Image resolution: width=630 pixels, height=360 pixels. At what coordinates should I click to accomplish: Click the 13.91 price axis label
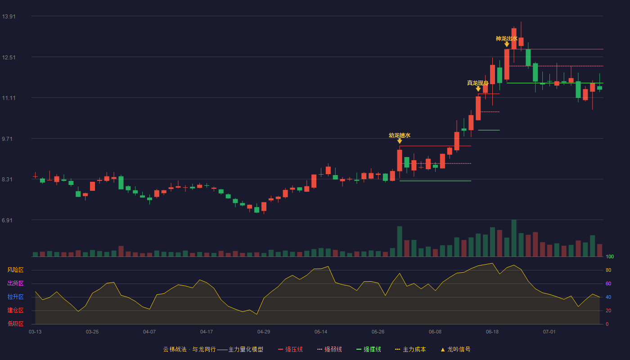(9, 17)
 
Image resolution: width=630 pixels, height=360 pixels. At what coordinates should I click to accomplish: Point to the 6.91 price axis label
(7, 220)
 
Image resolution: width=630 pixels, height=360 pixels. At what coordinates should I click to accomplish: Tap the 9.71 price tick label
(7, 139)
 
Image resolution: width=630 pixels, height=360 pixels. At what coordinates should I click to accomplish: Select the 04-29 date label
(264, 332)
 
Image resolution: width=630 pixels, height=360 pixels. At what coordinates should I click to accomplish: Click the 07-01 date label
(549, 332)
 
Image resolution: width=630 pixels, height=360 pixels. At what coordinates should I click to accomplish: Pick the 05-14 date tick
(320, 332)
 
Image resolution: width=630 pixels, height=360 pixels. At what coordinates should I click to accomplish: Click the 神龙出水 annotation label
(507, 39)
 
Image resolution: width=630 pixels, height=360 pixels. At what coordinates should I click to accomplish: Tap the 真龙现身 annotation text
(478, 83)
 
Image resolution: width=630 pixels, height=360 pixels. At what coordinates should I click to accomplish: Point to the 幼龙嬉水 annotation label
(400, 135)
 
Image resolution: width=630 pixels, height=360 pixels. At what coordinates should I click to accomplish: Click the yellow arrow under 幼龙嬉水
(400, 141)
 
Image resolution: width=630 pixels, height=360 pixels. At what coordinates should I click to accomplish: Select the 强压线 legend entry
(290, 349)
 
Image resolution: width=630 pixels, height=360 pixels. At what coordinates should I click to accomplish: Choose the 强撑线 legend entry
(369, 349)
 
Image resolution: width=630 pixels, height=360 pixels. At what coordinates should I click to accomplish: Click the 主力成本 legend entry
(410, 349)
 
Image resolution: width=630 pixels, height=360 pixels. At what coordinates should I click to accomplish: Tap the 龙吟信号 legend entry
(455, 349)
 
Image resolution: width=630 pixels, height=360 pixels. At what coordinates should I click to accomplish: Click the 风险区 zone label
(15, 270)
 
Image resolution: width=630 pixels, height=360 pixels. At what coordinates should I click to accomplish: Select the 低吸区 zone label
(15, 324)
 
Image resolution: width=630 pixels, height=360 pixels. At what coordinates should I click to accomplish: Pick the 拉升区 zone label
(15, 297)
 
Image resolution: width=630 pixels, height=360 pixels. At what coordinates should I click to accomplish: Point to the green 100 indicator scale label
(610, 256)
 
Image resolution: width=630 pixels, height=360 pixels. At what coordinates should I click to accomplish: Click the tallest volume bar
(514, 238)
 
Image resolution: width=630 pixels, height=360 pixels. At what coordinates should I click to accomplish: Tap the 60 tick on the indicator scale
(608, 283)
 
